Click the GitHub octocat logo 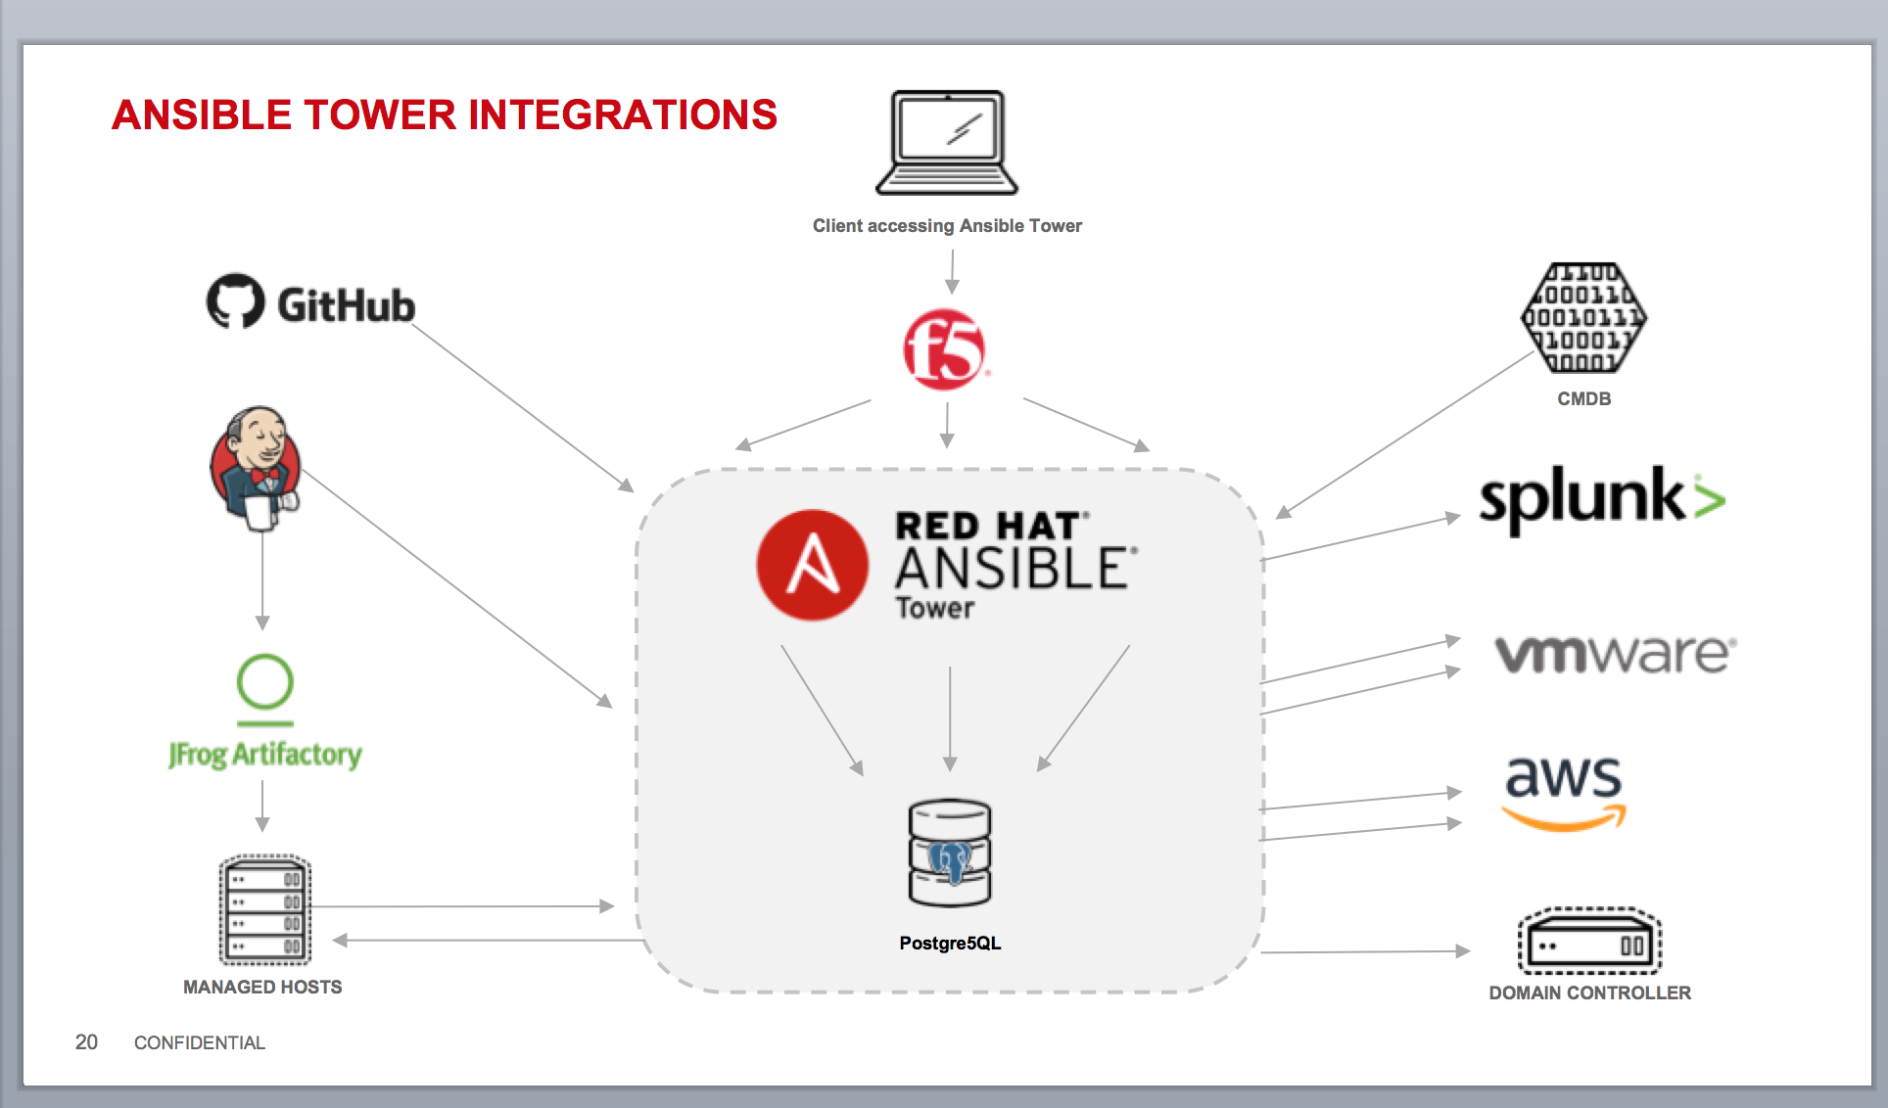[235, 300]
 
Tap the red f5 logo [944, 349]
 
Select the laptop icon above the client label [947, 143]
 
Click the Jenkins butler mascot [257, 469]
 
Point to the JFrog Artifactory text [264, 755]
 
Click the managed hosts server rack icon [264, 911]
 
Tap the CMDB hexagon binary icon [1583, 318]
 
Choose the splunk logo [1601, 498]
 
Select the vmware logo [1615, 654]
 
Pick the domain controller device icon [1589, 942]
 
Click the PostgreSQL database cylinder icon [950, 854]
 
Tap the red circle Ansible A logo [812, 565]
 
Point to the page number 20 [86, 1042]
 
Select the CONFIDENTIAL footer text [200, 1043]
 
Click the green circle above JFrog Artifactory [265, 681]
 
